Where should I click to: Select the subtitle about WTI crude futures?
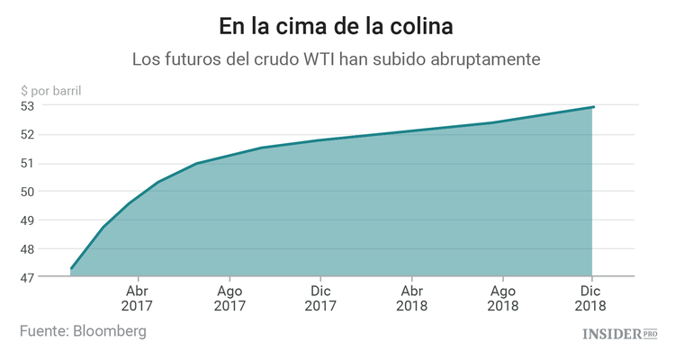(x=337, y=59)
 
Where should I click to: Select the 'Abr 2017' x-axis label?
(x=138, y=299)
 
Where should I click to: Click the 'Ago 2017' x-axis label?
(x=229, y=299)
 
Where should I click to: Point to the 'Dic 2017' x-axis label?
(x=320, y=299)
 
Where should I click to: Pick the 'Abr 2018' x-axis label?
(x=411, y=299)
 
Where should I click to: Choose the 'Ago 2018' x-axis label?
(x=503, y=299)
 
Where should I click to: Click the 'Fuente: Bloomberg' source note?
(x=83, y=331)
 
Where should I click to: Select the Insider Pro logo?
(x=619, y=334)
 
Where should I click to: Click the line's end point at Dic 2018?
(x=593, y=107)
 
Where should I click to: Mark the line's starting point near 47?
(x=71, y=268)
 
